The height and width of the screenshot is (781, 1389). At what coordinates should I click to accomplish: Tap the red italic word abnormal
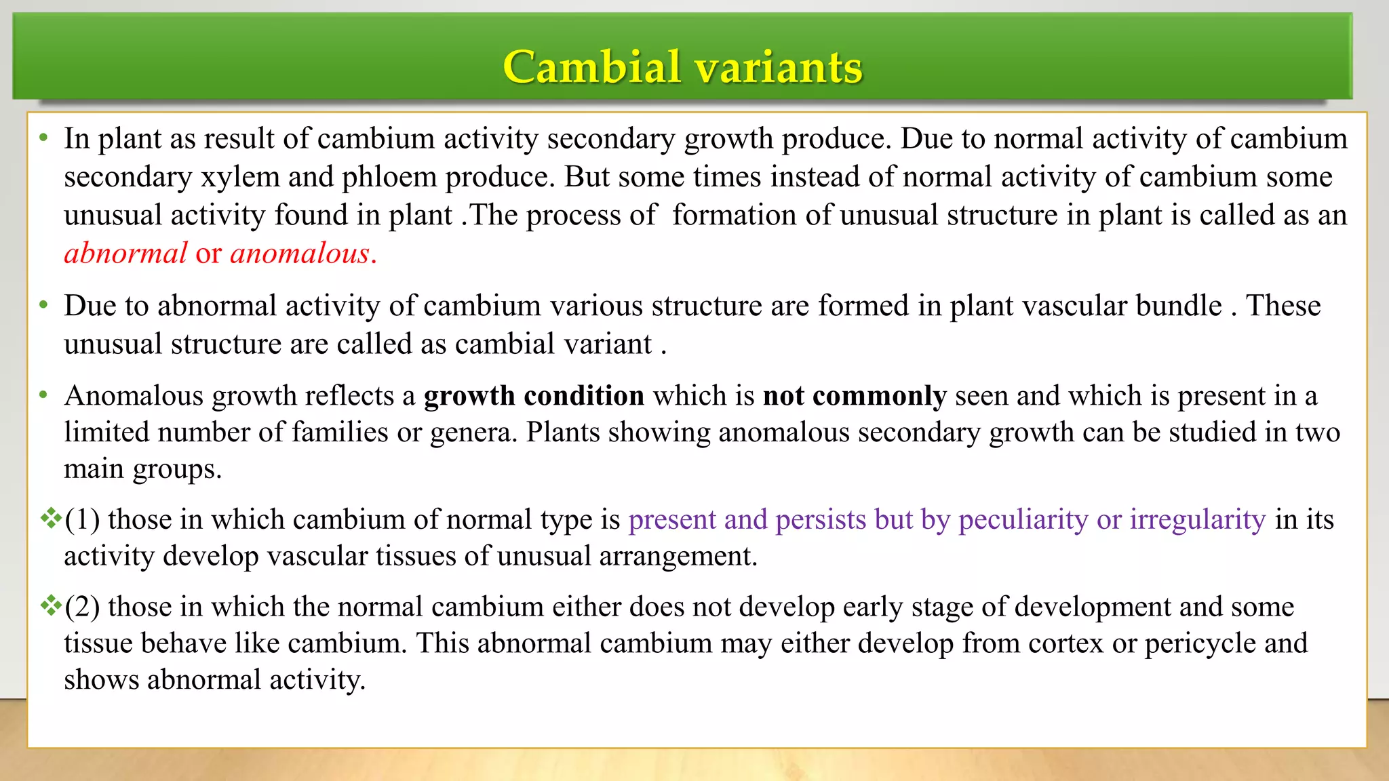point(125,254)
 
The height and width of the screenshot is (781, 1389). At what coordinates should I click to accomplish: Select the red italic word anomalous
point(300,254)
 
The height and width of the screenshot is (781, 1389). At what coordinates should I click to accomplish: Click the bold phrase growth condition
point(534,396)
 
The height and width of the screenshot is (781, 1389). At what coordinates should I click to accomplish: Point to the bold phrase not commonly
point(855,396)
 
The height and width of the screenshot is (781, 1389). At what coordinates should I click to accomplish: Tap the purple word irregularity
point(1198,520)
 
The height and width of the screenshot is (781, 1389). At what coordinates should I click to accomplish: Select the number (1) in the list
point(82,520)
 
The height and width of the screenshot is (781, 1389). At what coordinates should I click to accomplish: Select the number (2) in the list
point(82,607)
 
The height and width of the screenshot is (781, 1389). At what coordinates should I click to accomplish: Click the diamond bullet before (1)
point(51,519)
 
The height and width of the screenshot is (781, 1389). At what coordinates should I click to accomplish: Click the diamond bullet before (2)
point(51,605)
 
